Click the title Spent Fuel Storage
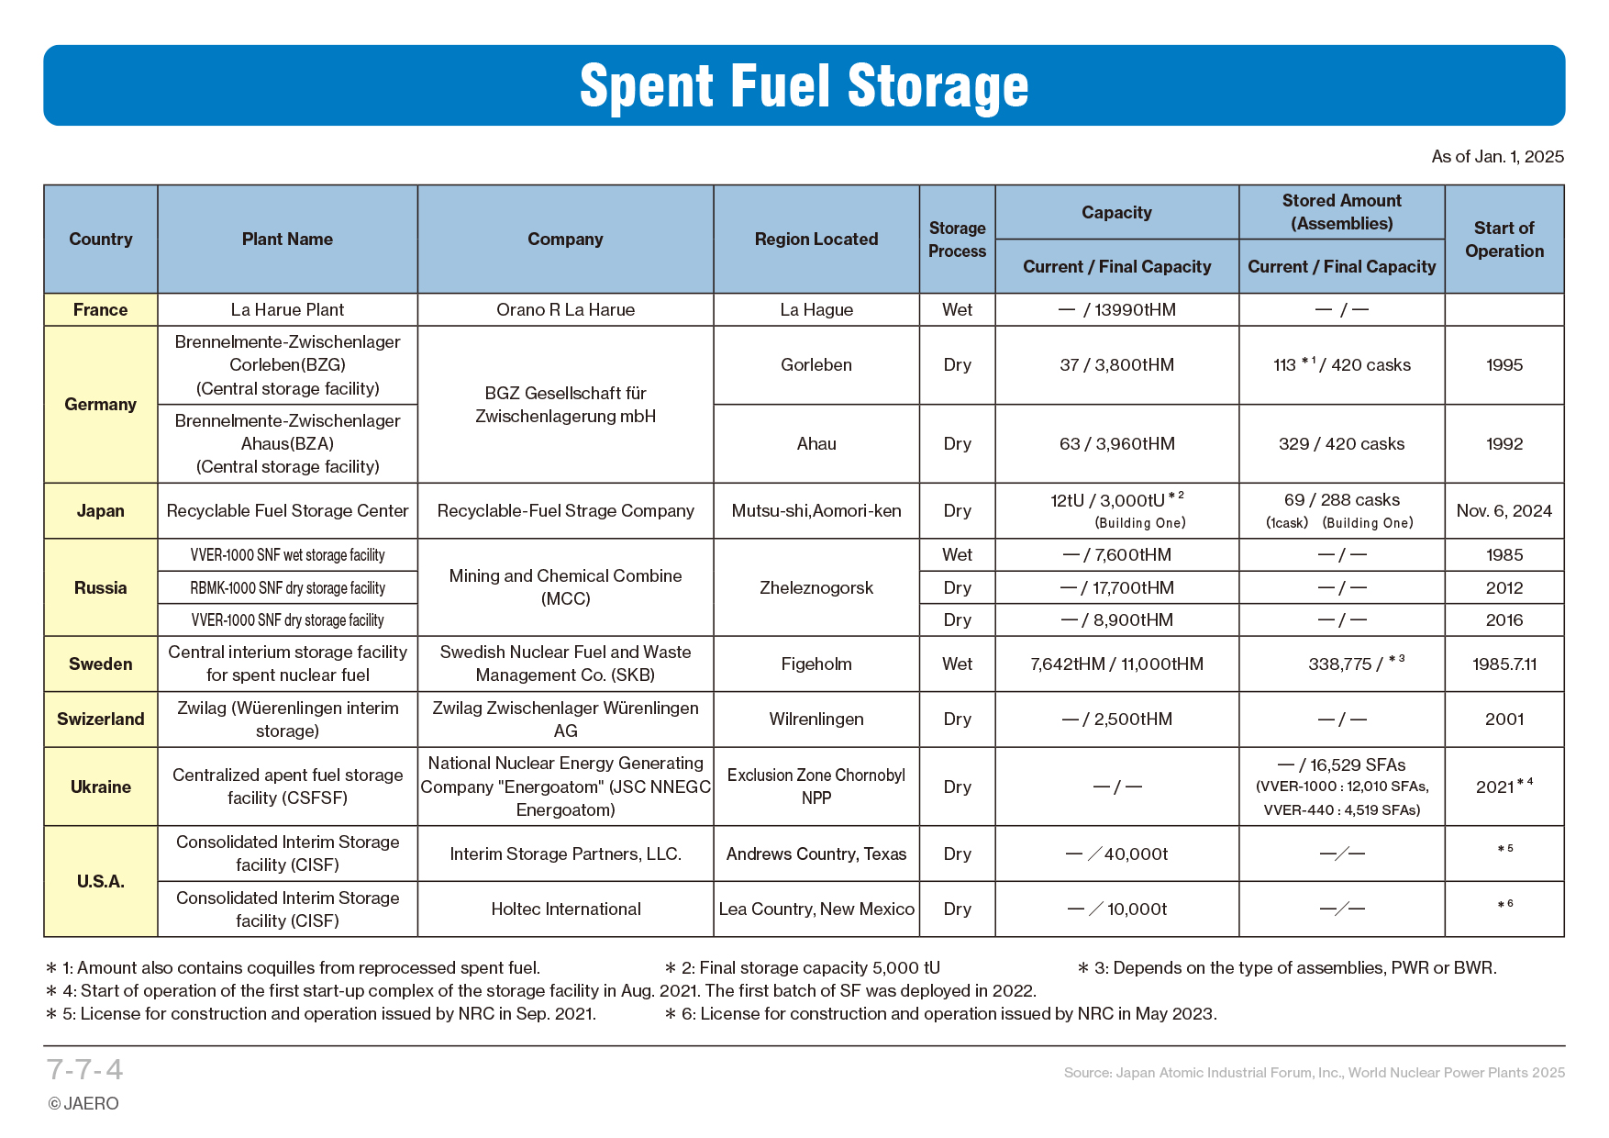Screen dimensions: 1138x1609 [804, 86]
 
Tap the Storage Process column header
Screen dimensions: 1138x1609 [957, 240]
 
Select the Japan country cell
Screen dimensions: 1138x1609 [101, 511]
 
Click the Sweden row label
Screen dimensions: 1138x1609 [101, 664]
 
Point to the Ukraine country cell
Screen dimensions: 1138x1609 [101, 787]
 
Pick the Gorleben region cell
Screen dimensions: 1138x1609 [816, 365]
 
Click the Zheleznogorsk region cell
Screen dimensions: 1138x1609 [816, 587]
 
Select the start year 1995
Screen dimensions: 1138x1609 [1504, 365]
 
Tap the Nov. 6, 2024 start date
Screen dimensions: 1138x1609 [1504, 511]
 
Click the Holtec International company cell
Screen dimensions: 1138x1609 [565, 909]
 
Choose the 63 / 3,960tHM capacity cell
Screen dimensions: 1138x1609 [1116, 444]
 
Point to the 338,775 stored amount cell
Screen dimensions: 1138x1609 [1340, 664]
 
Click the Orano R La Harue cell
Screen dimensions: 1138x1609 [565, 310]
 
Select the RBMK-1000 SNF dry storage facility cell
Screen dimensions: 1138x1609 [287, 588]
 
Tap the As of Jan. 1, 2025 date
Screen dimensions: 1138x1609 [1497, 157]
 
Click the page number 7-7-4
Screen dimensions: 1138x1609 [84, 1070]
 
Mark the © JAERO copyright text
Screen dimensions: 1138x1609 [83, 1104]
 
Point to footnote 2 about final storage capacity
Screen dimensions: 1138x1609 [803, 968]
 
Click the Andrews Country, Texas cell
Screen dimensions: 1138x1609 [816, 854]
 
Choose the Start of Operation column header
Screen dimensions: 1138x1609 [1504, 240]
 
